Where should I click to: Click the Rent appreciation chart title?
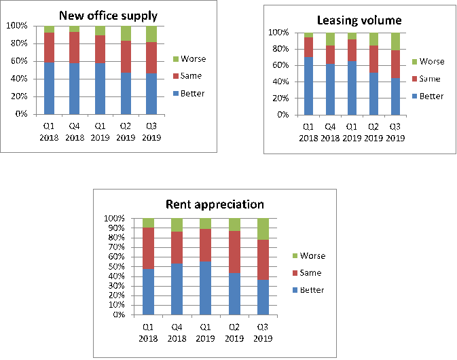click(215, 204)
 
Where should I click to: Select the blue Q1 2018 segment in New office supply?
click(50, 88)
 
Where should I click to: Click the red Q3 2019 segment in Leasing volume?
click(396, 64)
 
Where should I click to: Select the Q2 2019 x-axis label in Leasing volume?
click(374, 132)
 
